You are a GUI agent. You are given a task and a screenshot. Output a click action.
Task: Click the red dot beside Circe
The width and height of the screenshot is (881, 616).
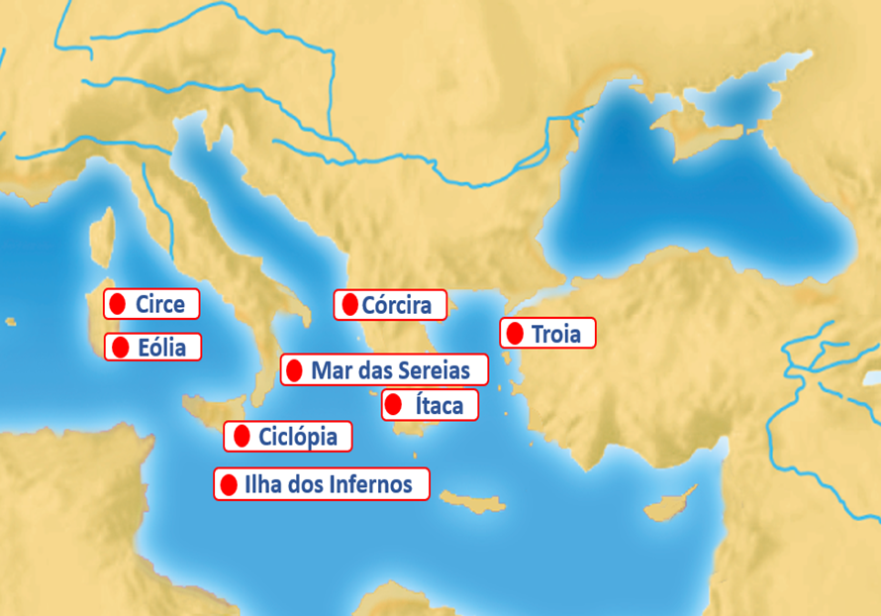pyautogui.click(x=118, y=304)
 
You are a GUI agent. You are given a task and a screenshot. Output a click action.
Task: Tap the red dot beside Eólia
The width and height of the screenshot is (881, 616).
pyautogui.click(x=121, y=347)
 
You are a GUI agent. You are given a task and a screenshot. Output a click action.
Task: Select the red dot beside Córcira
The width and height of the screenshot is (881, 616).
pyautogui.click(x=348, y=305)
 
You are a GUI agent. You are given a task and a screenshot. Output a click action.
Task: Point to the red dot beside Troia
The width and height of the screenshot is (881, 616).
pyautogui.click(x=514, y=334)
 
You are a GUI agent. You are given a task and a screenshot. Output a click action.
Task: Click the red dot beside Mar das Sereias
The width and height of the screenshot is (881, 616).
pyautogui.click(x=294, y=370)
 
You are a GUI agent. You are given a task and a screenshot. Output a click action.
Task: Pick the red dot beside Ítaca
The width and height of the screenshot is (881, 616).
pyautogui.click(x=393, y=404)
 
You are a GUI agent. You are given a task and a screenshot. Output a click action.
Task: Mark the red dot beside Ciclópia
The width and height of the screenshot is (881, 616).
pyautogui.click(x=241, y=436)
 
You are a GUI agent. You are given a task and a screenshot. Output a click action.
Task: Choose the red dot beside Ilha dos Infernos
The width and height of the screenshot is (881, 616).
pyautogui.click(x=229, y=484)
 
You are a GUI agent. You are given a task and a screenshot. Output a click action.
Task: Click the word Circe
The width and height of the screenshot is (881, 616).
pyautogui.click(x=160, y=304)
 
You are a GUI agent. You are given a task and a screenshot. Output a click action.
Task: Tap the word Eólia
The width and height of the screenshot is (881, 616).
pyautogui.click(x=161, y=347)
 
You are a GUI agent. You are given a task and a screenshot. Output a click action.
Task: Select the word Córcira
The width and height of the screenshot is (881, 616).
pyautogui.click(x=396, y=305)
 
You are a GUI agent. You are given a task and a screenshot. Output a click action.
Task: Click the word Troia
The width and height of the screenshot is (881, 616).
pyautogui.click(x=555, y=334)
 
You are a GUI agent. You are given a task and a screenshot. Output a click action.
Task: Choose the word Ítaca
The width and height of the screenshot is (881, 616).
pyautogui.click(x=439, y=404)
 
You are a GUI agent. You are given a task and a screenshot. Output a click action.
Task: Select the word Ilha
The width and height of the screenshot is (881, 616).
pyautogui.click(x=263, y=484)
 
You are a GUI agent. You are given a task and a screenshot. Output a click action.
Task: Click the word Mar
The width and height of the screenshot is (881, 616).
pyautogui.click(x=331, y=370)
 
